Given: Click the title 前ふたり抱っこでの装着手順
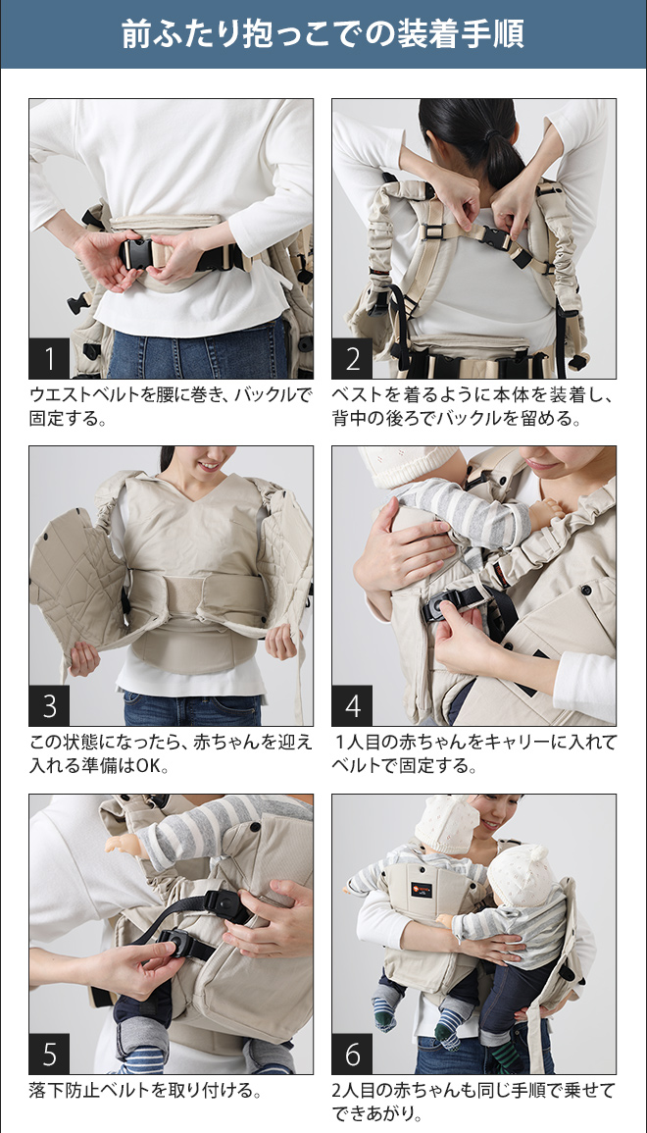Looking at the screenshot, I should tap(323, 34).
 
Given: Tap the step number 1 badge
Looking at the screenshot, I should tap(49, 359).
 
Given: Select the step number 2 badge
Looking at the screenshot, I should tap(353, 359).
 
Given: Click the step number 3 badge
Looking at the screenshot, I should tap(49, 705).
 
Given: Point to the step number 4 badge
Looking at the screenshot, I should tap(353, 705).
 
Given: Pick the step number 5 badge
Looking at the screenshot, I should tap(49, 1054).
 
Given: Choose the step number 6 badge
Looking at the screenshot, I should tap(353, 1054).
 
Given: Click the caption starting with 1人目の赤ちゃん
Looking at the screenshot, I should tap(474, 753).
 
